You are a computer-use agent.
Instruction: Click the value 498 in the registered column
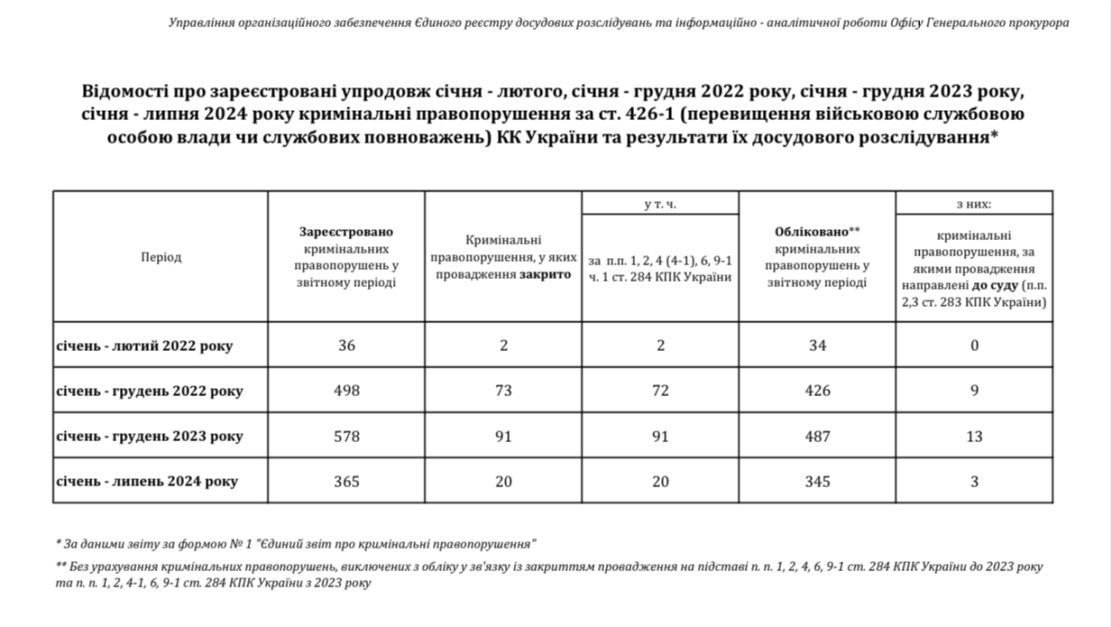click(346, 391)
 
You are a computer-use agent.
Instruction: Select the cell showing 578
click(346, 436)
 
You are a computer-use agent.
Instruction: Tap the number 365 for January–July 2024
click(346, 481)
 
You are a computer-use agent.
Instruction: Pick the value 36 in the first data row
click(346, 346)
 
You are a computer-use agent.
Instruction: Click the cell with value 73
click(503, 391)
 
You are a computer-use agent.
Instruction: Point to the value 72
click(660, 391)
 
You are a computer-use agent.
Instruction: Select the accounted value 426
click(817, 391)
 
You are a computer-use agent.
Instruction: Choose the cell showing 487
click(817, 436)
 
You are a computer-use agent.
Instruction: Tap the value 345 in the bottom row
click(817, 481)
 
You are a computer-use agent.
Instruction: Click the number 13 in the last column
click(974, 436)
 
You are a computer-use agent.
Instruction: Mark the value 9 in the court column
click(974, 391)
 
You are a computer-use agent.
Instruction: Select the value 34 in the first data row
click(817, 346)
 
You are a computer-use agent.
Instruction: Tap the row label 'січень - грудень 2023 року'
click(150, 437)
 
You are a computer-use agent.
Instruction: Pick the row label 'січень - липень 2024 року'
click(147, 482)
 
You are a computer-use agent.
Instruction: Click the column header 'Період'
click(161, 257)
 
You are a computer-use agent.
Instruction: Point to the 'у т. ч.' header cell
click(660, 204)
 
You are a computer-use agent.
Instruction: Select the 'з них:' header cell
click(974, 204)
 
